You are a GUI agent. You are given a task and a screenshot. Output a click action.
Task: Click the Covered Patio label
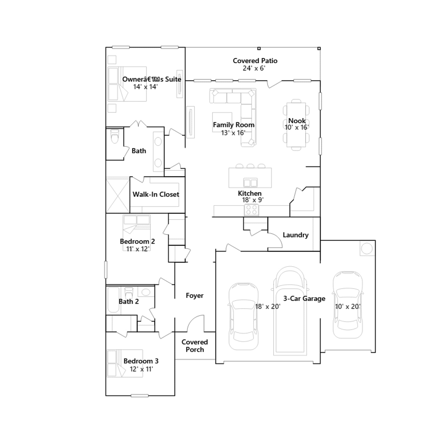coord(255,61)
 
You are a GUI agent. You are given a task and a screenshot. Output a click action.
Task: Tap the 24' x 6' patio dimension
coord(254,68)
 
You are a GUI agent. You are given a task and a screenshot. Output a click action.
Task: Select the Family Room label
coord(233,125)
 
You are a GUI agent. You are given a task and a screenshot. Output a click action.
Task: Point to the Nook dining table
coord(296,125)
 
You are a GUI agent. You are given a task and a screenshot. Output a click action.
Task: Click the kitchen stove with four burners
coord(251,210)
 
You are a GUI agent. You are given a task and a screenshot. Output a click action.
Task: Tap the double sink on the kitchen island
coord(250,183)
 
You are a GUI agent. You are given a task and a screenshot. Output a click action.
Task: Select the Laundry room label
coord(296,235)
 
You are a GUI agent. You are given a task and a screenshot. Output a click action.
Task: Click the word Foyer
coord(194,296)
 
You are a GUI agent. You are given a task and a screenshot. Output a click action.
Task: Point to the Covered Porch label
coord(195,346)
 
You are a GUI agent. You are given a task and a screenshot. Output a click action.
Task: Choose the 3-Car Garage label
coord(304,299)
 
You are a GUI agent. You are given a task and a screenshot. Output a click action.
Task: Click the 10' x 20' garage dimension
coord(347,307)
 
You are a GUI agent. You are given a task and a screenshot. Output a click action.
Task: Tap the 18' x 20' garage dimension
coord(268,307)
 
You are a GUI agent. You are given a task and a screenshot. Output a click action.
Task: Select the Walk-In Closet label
coord(156,194)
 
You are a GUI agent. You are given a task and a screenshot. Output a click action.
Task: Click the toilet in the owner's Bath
coord(115,136)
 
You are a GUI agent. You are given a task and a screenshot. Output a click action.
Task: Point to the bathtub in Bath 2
coord(113,300)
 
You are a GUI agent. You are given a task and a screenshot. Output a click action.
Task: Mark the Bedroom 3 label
coord(141,361)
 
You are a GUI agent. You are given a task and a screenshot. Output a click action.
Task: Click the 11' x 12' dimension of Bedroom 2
coord(138,249)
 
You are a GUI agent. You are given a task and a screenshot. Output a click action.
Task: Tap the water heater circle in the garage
coord(367,249)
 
